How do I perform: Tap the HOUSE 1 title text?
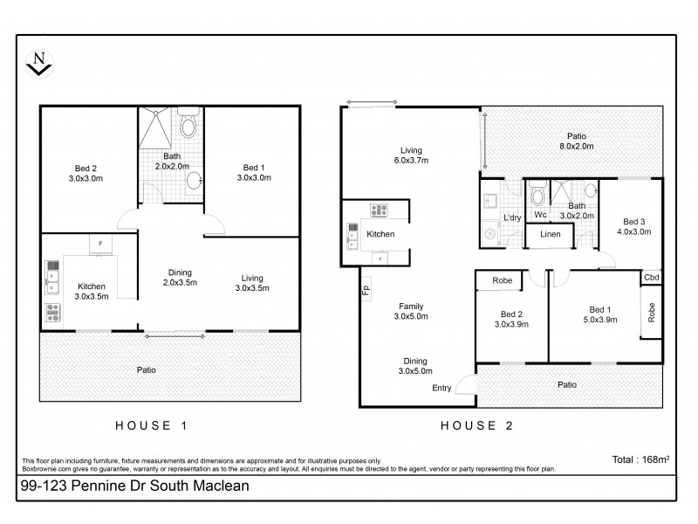point(153,426)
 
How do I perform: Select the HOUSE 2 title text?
point(477,426)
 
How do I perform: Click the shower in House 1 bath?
point(156,128)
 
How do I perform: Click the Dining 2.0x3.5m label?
point(181,278)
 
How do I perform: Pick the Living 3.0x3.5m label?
point(254,282)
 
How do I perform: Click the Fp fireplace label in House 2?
point(365,290)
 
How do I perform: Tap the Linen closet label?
point(550,235)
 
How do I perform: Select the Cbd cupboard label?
point(651,278)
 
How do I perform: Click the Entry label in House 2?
point(441,388)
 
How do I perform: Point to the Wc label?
point(539,214)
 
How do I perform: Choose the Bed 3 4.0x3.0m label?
point(634,225)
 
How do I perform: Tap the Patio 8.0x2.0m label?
point(576,141)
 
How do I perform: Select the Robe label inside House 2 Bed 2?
point(502,281)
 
